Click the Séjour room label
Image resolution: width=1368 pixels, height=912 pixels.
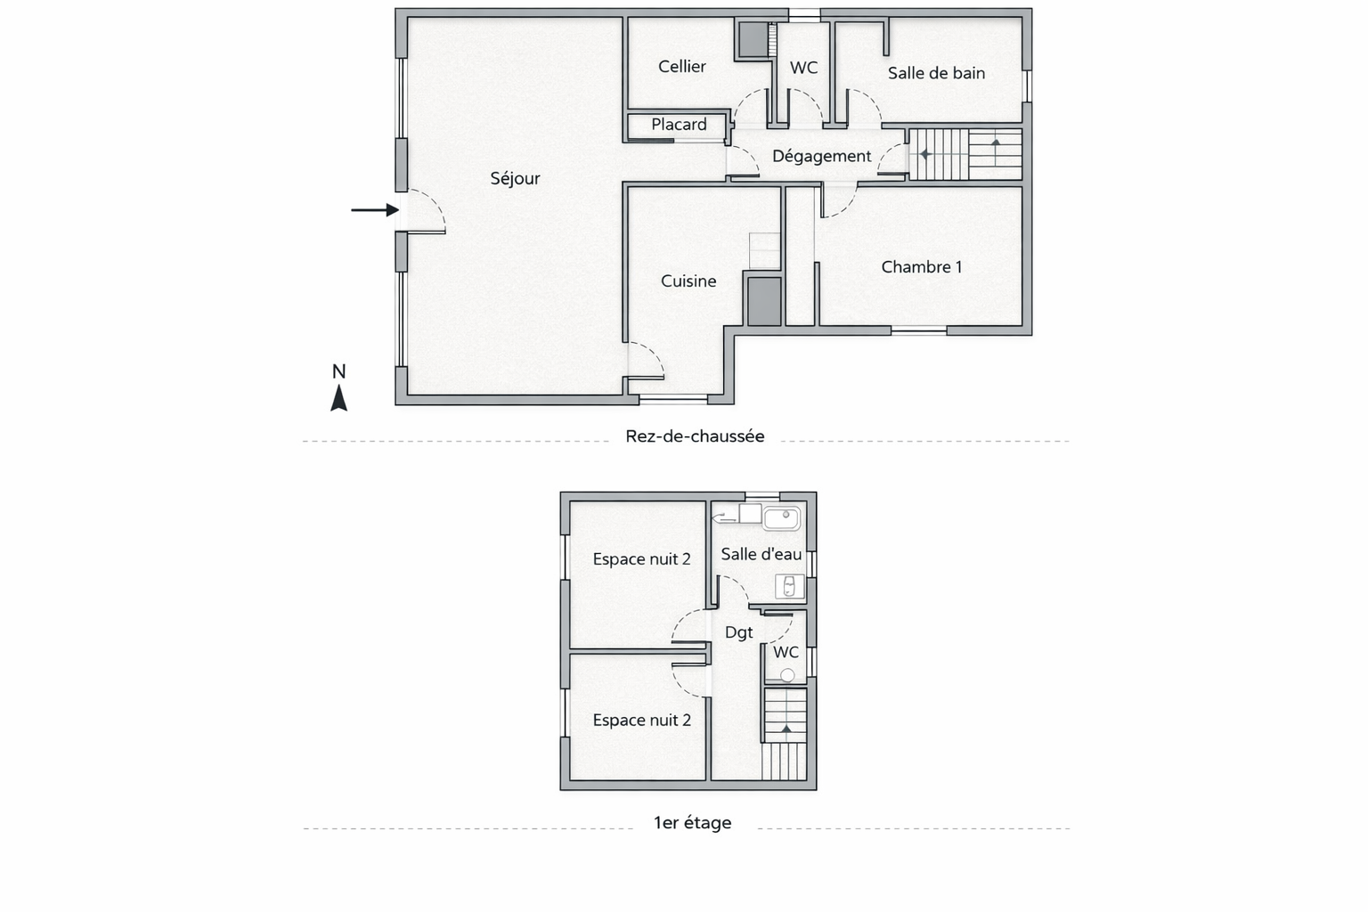(x=515, y=178)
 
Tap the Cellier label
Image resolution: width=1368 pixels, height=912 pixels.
(x=681, y=66)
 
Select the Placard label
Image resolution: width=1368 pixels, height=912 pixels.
(x=679, y=125)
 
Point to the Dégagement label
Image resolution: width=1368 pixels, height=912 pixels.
(x=821, y=157)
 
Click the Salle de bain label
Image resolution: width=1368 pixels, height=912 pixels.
(x=936, y=73)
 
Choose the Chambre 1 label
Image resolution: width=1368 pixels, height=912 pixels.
(x=922, y=267)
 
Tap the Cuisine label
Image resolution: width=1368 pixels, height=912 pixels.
(x=688, y=281)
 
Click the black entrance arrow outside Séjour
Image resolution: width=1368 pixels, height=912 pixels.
(x=375, y=210)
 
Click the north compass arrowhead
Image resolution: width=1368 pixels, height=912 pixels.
(x=339, y=397)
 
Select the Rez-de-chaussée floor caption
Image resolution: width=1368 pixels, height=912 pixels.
(x=695, y=436)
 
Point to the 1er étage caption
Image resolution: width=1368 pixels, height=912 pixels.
(x=692, y=823)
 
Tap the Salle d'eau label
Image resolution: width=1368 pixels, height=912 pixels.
(x=761, y=554)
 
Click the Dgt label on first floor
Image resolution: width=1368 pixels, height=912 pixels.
(x=738, y=632)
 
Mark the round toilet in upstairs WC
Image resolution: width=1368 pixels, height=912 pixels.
(x=788, y=675)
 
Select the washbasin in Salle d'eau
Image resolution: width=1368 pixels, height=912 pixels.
(x=781, y=518)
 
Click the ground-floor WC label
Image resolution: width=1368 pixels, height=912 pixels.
(x=803, y=68)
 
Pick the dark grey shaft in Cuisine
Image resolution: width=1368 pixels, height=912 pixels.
(x=764, y=301)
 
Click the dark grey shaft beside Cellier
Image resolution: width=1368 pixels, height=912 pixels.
(x=753, y=40)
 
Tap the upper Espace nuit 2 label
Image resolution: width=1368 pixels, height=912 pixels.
(x=641, y=559)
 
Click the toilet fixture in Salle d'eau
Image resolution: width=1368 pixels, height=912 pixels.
(x=789, y=586)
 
